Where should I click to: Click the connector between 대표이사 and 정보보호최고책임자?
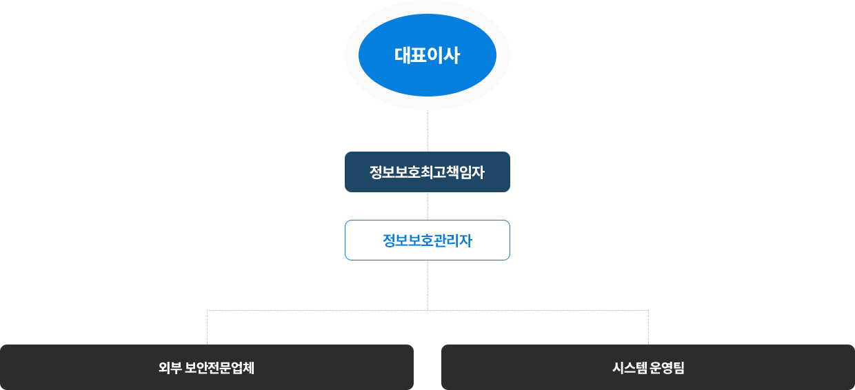click(428, 131)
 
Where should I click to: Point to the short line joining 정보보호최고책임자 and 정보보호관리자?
click(428, 206)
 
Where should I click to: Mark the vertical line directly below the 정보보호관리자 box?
click(428, 284)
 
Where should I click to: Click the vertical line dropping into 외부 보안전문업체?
click(208, 328)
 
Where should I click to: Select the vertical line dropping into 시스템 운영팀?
click(648, 328)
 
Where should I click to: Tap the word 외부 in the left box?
click(170, 367)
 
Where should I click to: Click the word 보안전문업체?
click(220, 367)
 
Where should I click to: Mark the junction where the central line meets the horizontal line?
click(428, 309)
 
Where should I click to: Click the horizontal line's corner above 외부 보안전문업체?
click(208, 310)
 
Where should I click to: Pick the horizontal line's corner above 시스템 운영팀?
click(648, 310)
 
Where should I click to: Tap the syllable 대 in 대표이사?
click(403, 55)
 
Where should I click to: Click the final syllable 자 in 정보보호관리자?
click(465, 240)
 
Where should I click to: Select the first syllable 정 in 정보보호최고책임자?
click(377, 172)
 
